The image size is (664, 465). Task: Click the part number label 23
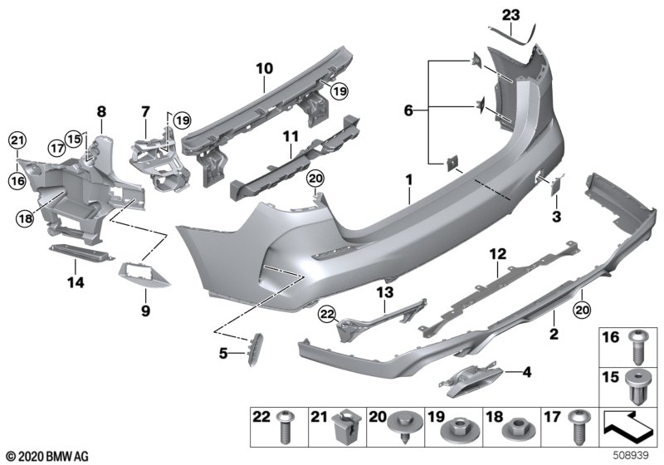pos(510,15)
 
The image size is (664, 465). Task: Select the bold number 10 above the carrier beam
pos(264,69)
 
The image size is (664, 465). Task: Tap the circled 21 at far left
pos(17,141)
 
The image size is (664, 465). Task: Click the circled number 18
pos(25,218)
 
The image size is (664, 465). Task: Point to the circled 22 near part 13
pos(327,314)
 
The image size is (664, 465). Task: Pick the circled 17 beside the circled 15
pos(56,148)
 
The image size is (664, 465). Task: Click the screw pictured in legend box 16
pos(637,347)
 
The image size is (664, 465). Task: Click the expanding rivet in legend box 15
pos(637,387)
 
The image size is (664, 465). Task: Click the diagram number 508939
pos(631,456)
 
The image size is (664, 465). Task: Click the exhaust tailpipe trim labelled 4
pos(469,379)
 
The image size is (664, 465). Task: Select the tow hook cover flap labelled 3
pos(555,186)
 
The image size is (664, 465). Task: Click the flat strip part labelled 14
pos(81,252)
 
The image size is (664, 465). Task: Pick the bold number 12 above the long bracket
pos(497,255)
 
